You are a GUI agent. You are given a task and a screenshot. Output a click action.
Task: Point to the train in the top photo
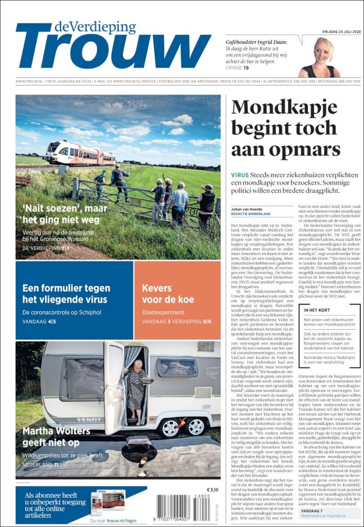pyautogui.click(x=79, y=153)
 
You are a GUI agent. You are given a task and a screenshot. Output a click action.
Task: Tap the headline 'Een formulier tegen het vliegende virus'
pyautogui.click(x=66, y=293)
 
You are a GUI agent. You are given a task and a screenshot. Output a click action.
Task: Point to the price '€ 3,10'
pyautogui.click(x=213, y=489)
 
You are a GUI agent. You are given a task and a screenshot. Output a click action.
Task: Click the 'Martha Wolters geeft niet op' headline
pyautogui.click(x=56, y=437)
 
